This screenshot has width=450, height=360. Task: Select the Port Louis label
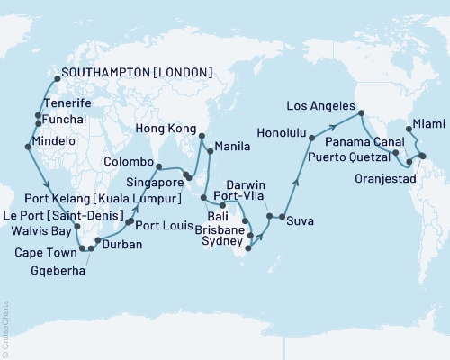pyautogui.click(x=166, y=225)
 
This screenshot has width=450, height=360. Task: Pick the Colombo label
pyautogui.click(x=127, y=164)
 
